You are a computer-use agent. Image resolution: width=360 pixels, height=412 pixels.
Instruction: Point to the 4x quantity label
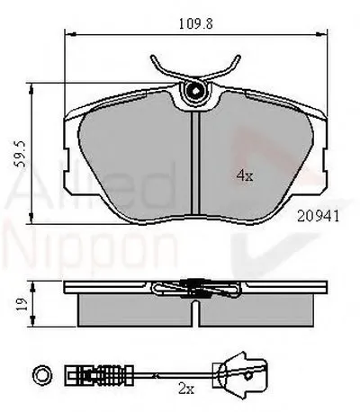(x=242, y=176)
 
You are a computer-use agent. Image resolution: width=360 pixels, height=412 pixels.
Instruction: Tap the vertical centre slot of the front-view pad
(x=195, y=171)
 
